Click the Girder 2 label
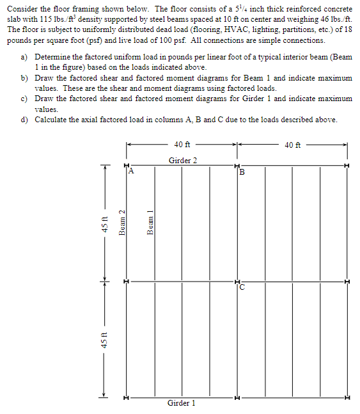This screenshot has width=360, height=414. [182, 160]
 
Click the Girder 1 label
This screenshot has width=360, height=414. [181, 403]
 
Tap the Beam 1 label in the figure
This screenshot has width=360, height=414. [151, 223]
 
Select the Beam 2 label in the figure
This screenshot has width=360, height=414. [121, 223]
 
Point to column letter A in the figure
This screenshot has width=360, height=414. [131, 171]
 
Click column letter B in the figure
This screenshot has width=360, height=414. [242, 171]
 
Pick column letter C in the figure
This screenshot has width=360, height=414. [242, 286]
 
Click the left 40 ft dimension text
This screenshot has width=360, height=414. [182, 145]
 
